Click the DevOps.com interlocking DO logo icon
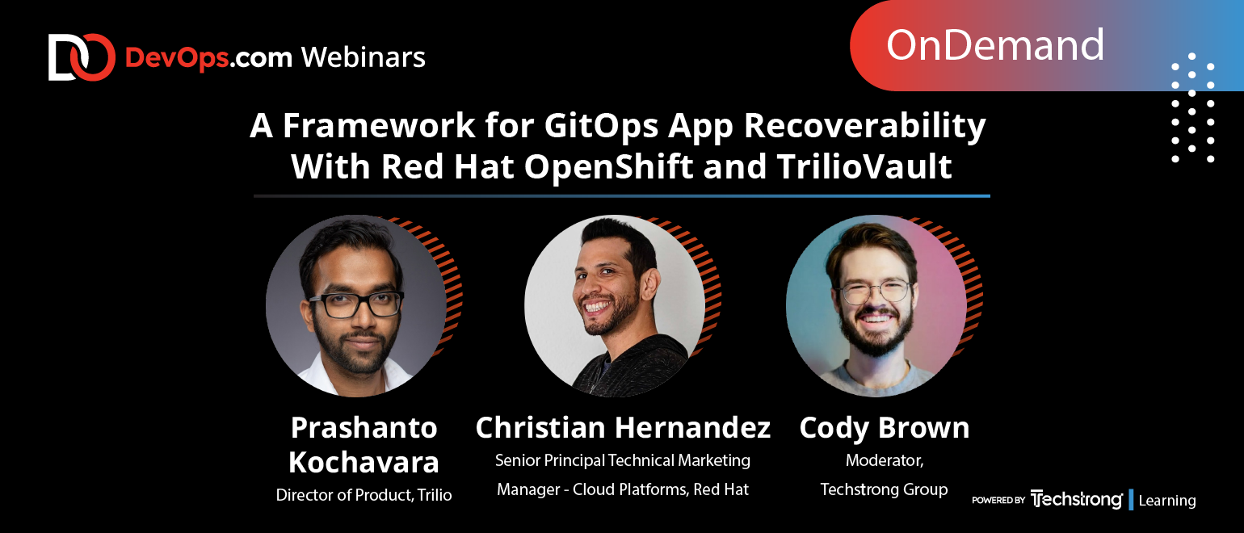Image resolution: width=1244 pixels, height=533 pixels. pos(82,57)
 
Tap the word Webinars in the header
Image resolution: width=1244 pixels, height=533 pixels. pos(364,57)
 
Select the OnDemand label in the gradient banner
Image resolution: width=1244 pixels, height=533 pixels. pos(994,45)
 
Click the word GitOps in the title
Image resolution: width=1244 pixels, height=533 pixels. pos(601,127)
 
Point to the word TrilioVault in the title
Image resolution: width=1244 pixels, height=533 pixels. pos(864,166)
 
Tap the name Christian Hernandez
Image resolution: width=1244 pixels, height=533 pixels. pos(623,427)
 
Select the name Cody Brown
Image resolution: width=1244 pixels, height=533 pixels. pos(884,429)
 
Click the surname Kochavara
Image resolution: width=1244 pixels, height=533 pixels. pos(364,462)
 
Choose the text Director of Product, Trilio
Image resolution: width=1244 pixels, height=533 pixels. pos(364,495)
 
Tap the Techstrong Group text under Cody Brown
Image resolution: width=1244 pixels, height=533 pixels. pos(884,489)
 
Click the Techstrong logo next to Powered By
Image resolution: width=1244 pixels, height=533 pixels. pos(1076,500)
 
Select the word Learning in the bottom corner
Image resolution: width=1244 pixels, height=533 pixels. pos(1166,501)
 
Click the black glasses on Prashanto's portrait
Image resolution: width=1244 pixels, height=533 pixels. pos(356,304)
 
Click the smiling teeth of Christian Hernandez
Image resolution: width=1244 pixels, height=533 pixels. pos(598,307)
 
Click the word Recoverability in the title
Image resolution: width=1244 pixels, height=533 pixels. pos(864,127)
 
